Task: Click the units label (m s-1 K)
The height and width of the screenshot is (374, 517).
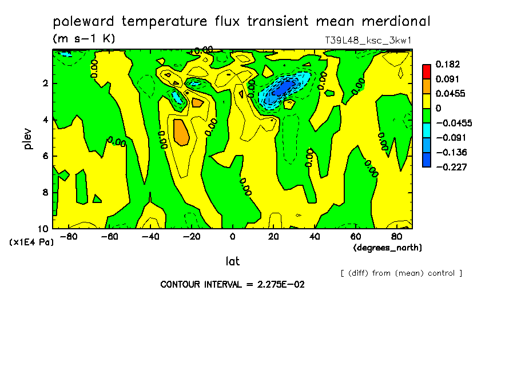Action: pyautogui.click(x=84, y=39)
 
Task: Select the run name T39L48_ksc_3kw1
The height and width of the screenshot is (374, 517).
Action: pyautogui.click(x=368, y=41)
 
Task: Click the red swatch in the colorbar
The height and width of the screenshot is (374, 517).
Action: pyautogui.click(x=427, y=71)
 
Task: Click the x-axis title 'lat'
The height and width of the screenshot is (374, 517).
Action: pyautogui.click(x=232, y=261)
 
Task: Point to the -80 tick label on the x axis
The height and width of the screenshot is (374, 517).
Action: pyautogui.click(x=68, y=236)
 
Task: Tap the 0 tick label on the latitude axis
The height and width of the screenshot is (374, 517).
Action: pyautogui.click(x=232, y=236)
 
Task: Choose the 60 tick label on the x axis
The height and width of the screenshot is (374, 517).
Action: pyautogui.click(x=355, y=236)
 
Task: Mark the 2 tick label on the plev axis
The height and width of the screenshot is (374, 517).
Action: pyautogui.click(x=45, y=83)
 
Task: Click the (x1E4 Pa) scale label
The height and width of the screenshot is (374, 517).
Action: pyautogui.click(x=31, y=242)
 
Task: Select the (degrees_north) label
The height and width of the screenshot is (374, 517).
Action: pyautogui.click(x=388, y=248)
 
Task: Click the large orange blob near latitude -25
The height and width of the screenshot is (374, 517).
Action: pyautogui.click(x=181, y=132)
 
